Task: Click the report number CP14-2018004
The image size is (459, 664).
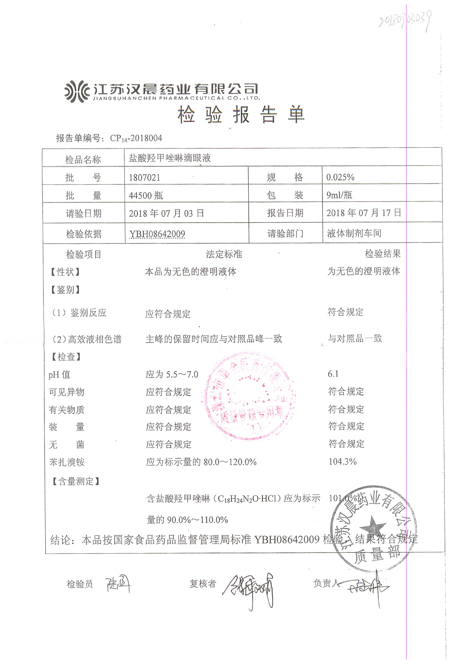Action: pyautogui.click(x=136, y=138)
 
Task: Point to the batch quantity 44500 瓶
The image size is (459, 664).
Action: pyautogui.click(x=146, y=195)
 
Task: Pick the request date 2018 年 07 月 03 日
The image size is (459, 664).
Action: pyautogui.click(x=166, y=213)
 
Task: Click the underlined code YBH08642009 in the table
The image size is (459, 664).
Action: pyautogui.click(x=157, y=234)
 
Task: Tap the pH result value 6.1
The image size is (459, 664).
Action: pyautogui.click(x=333, y=374)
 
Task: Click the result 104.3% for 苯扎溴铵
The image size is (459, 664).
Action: pyautogui.click(x=342, y=462)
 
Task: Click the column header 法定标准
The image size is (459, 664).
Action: pyautogui.click(x=224, y=254)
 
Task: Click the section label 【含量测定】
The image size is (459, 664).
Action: pyautogui.click(x=75, y=481)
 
